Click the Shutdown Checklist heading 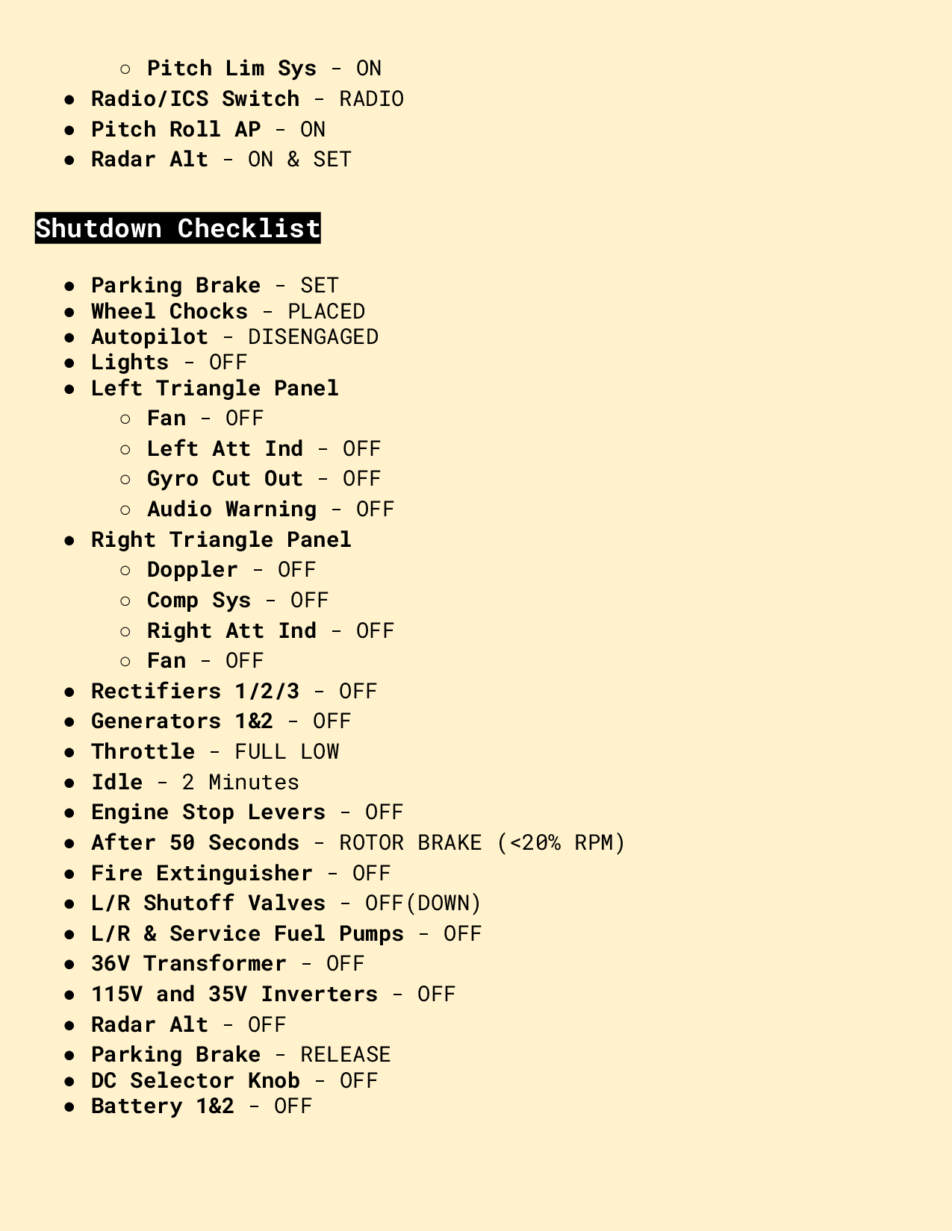coord(178,228)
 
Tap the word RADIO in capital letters coord(371,99)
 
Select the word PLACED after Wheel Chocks coord(326,312)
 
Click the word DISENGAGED coord(313,337)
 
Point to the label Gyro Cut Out coord(225,479)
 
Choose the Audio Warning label coord(231,510)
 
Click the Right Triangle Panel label coord(221,540)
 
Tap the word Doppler coord(192,570)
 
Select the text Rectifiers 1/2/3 coord(195,692)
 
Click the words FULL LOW coord(287,752)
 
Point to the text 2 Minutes coord(240,783)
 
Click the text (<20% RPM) coord(561,843)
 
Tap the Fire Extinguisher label coord(202,874)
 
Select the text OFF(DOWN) coord(423,903)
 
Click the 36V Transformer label coord(188,964)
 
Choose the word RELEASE coord(345,1055)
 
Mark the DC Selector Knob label coord(195,1081)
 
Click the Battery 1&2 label coord(162,1106)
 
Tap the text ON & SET coord(299,160)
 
